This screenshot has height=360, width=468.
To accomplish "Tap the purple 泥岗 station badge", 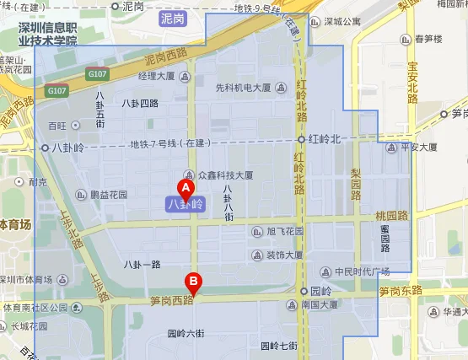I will pyautogui.click(x=174, y=16).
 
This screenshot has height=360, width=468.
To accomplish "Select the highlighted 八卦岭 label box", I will pyautogui.click(x=186, y=203).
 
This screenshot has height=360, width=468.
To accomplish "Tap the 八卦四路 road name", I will pyautogui.click(x=140, y=104).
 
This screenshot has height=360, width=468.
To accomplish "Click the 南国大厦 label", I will pyautogui.click(x=324, y=306).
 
